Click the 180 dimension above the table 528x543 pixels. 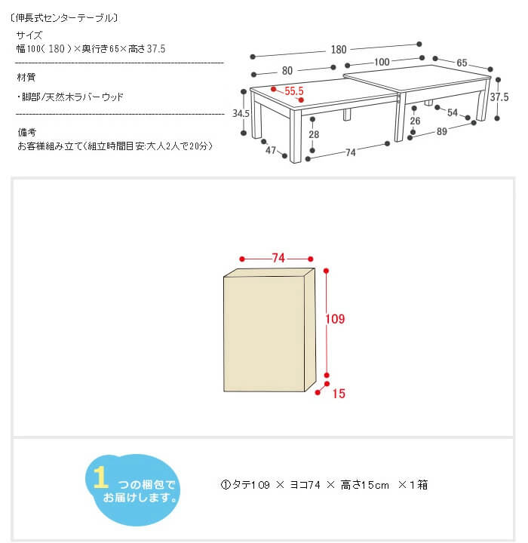pos(339,50)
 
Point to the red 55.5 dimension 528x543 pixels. pos(294,91)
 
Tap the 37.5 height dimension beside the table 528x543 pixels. pos(499,97)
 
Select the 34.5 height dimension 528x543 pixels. pos(241,113)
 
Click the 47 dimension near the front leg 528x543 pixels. pos(271,150)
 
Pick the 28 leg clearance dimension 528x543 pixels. pos(314,134)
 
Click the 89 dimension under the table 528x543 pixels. pos(441,131)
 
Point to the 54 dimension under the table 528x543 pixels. pos(452,112)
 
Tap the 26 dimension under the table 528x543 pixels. pos(415,121)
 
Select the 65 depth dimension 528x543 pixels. pos(462,63)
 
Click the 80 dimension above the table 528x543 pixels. pos(287,71)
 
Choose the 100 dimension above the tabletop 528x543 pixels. pos(382,62)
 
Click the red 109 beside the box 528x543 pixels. pos(335,319)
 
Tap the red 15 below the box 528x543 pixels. pos(339,394)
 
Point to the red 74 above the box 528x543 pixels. pos(278,258)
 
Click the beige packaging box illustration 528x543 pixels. pos(269,330)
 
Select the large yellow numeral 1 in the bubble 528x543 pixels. pos(100,477)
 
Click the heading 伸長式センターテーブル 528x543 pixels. pos(64,18)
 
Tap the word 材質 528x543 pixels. pos(26,77)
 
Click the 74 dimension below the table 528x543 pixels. pos(350,152)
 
